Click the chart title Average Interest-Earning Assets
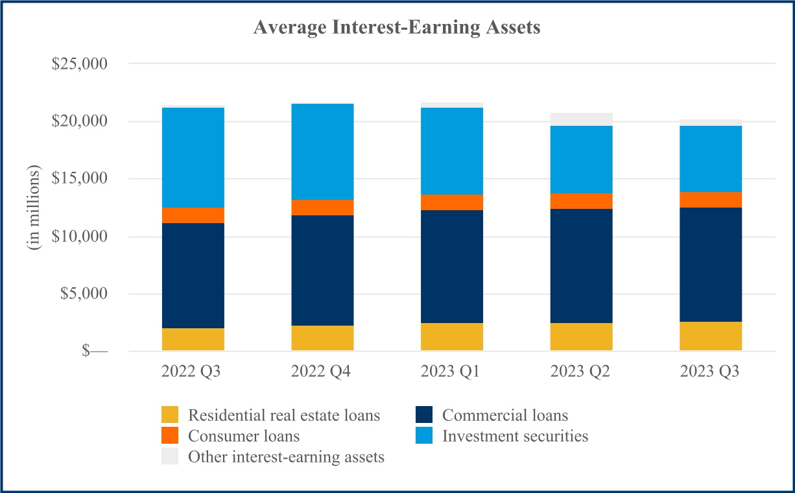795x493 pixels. click(397, 28)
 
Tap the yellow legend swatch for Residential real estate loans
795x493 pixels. click(170, 415)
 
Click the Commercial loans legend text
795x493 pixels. click(504, 415)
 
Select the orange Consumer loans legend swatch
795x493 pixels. click(170, 436)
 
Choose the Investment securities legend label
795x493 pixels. click(515, 436)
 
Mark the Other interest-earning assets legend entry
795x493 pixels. click(286, 457)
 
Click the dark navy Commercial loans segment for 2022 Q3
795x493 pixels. click(193, 276)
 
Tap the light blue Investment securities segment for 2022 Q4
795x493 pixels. click(322, 152)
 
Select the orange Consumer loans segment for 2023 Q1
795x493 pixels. click(452, 202)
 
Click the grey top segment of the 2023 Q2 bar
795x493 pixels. click(581, 119)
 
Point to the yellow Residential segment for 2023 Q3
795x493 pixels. click(711, 336)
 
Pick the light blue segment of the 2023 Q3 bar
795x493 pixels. click(711, 159)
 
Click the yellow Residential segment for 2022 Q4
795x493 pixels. click(322, 338)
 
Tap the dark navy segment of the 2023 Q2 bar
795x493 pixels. click(581, 266)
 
